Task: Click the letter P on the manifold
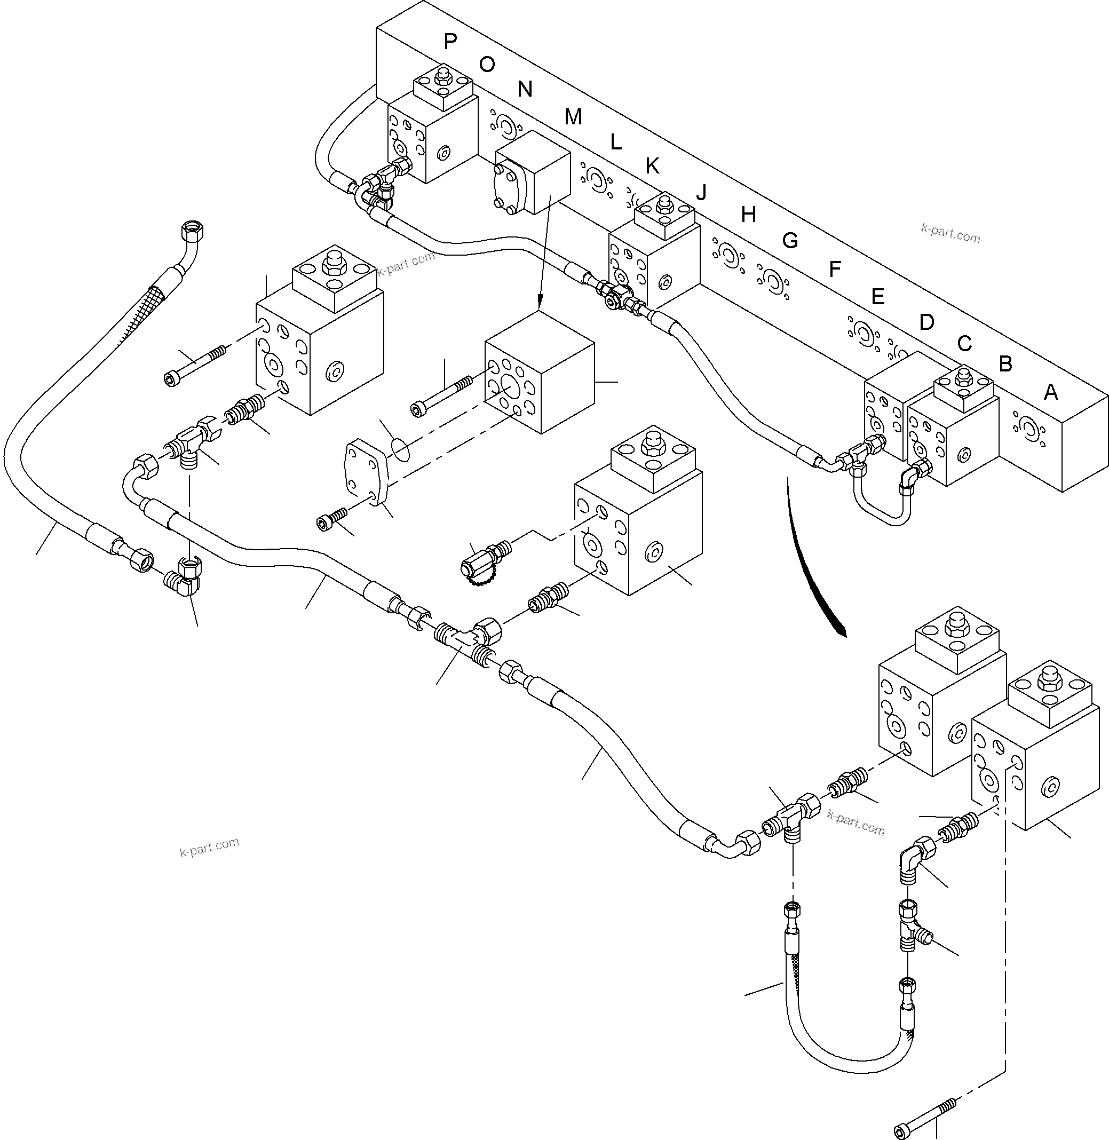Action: pos(450,41)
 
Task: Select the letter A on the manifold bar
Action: pos(1050,393)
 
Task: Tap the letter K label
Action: pos(652,167)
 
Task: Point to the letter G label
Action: pos(789,241)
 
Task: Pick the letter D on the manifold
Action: pos(926,322)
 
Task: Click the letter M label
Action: pos(573,117)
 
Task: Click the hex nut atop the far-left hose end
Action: pos(192,232)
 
